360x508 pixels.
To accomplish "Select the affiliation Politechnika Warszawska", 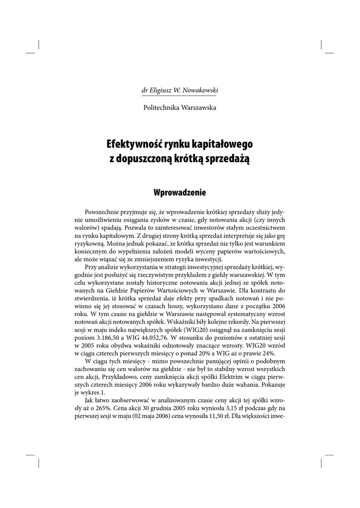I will click(x=180, y=107).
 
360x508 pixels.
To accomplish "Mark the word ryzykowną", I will click(x=89, y=244).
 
